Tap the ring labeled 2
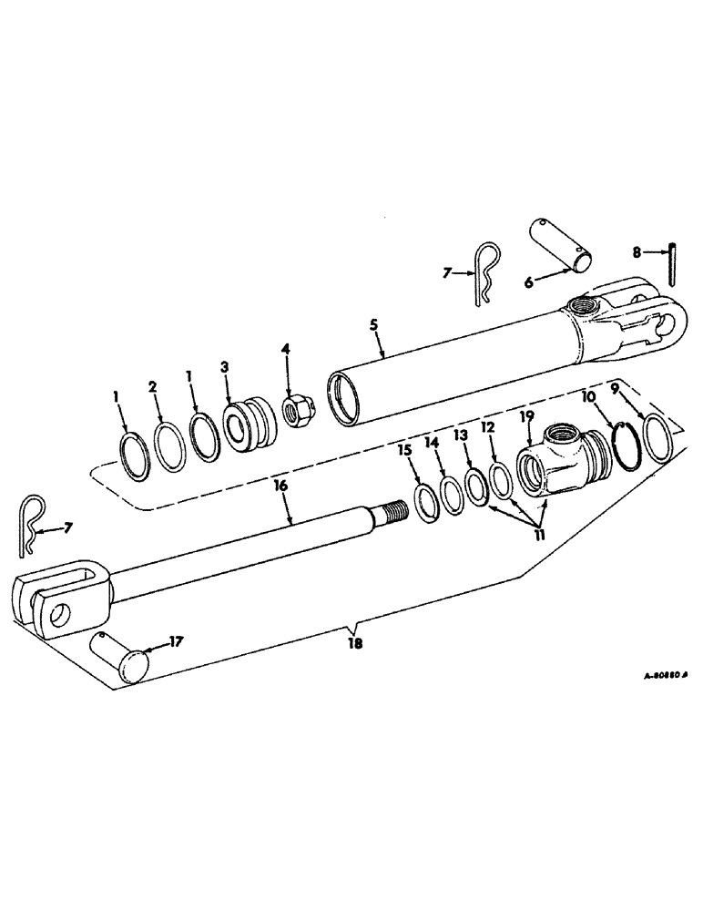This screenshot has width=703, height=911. click(170, 446)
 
